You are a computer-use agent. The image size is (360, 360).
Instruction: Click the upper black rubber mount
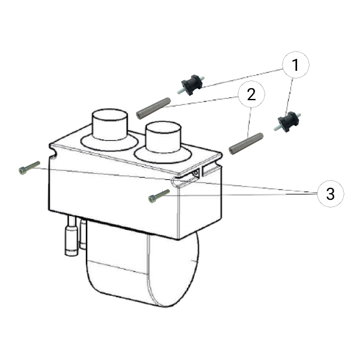pos(191,85)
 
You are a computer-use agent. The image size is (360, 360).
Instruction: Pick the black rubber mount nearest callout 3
pos(287,121)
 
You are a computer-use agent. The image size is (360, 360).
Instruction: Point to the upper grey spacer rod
pos(154,109)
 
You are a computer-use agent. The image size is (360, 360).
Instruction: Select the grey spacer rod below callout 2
pos(247,144)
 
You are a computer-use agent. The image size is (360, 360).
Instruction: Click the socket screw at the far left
pos(29,168)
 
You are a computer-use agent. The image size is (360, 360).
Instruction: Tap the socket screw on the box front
pos(159,196)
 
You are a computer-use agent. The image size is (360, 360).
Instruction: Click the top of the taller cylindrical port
pos(110,115)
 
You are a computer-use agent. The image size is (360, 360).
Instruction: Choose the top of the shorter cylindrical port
pos(163,127)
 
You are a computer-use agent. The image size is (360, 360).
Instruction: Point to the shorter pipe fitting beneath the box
pos(83,233)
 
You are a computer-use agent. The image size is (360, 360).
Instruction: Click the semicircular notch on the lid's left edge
pos(54,152)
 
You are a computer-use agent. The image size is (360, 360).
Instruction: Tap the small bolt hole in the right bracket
pos(196,173)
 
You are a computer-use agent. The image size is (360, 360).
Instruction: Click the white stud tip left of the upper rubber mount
pos(180,92)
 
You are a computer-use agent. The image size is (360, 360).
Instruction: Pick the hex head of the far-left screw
pos(22,171)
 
